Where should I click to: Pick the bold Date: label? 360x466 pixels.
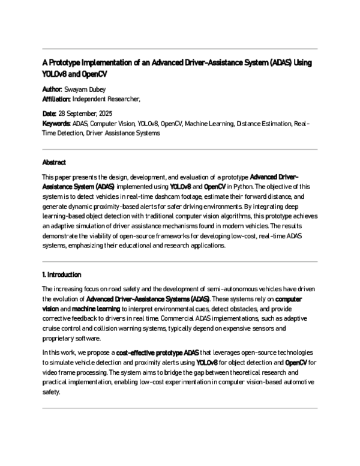49,113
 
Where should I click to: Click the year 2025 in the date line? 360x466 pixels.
111,113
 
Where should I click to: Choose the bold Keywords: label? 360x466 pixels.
56,124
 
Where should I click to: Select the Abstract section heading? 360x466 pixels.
54,163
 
